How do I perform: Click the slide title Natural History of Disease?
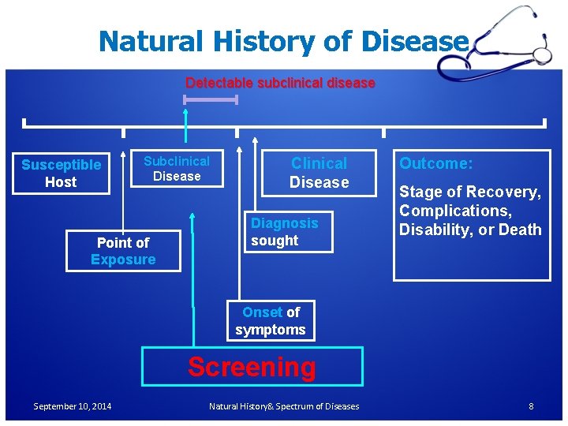click(x=283, y=40)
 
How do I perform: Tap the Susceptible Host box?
click(x=61, y=174)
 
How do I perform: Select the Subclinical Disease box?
click(x=177, y=169)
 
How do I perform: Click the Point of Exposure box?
click(x=123, y=251)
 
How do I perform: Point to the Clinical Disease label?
click(x=319, y=173)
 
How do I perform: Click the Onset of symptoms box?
click(x=271, y=321)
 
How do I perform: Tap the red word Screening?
click(x=252, y=367)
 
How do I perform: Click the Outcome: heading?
click(x=435, y=163)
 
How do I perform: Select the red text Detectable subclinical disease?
click(x=280, y=83)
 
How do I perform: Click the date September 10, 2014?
click(x=73, y=406)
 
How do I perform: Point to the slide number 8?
click(x=531, y=406)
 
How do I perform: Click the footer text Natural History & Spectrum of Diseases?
click(x=284, y=406)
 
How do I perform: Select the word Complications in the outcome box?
click(x=444, y=211)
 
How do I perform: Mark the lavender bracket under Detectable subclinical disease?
click(x=210, y=99)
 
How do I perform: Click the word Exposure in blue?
click(x=123, y=260)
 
